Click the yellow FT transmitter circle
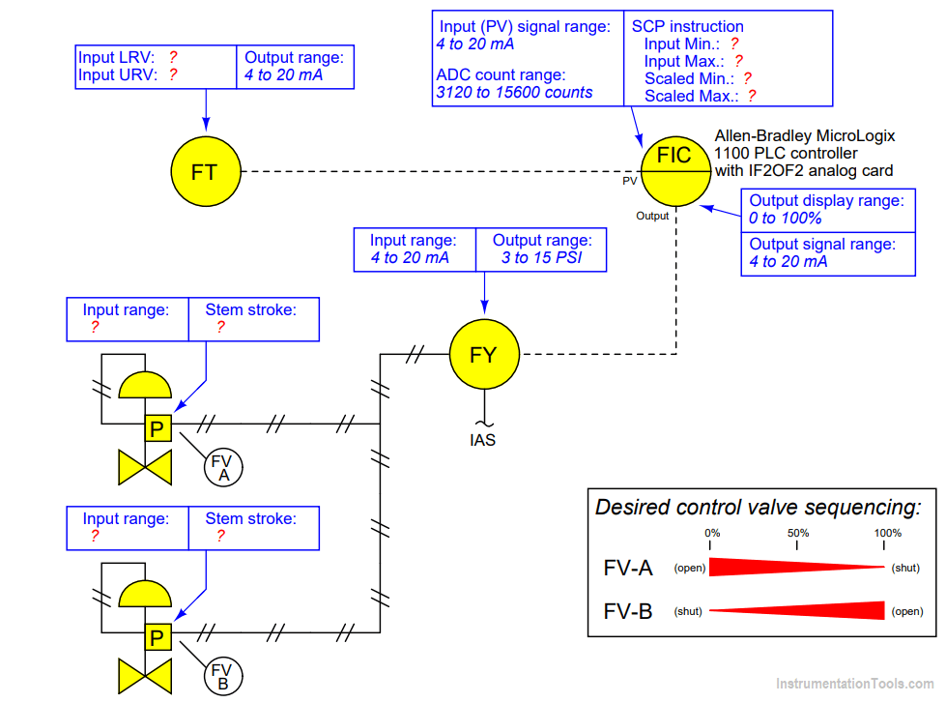[204, 171]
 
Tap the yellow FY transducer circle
[483, 354]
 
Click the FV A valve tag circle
[223, 467]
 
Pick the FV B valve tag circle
[222, 676]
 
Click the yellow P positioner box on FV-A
[158, 428]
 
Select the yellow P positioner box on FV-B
[158, 637]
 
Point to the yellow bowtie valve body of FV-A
[144, 467]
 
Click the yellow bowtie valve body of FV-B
[144, 677]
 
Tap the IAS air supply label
[483, 440]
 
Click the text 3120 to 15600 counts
[514, 93]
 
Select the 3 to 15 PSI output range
[542, 258]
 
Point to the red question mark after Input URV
[173, 74]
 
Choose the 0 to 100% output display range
[785, 219]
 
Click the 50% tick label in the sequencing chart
[798, 533]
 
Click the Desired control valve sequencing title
[758, 507]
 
